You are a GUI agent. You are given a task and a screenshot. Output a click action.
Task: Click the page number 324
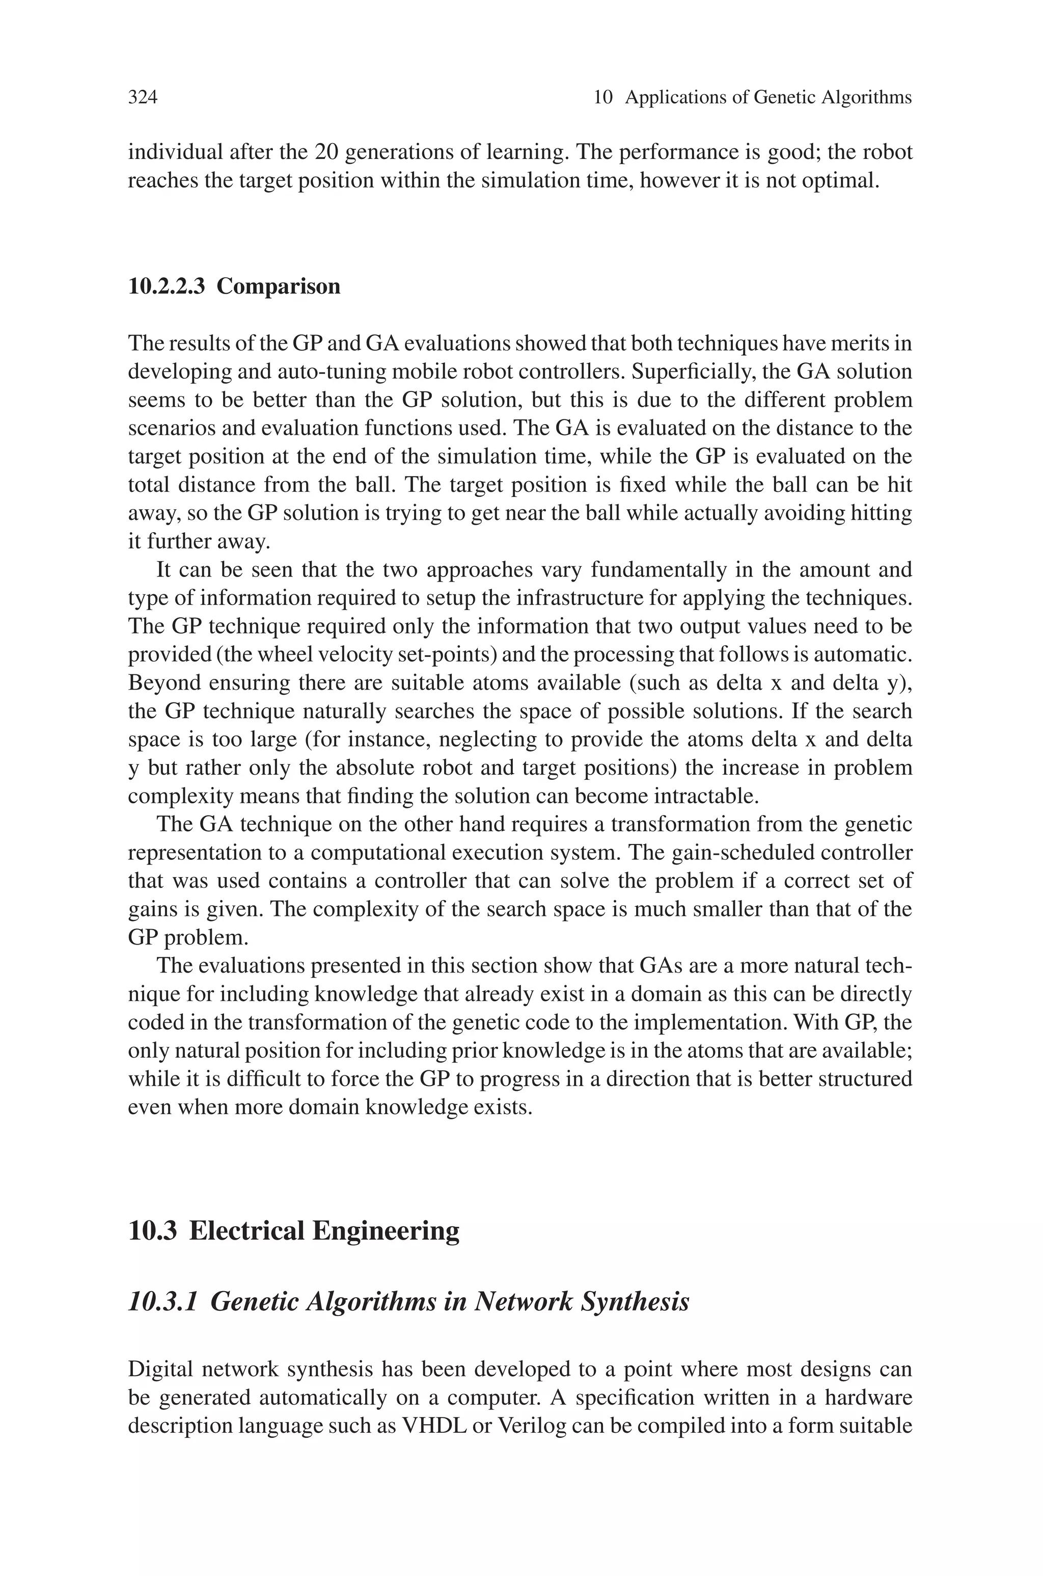click(x=143, y=98)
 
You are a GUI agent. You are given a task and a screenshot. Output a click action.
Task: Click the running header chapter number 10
click(x=602, y=98)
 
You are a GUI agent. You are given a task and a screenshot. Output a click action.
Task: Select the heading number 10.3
click(x=152, y=1230)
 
